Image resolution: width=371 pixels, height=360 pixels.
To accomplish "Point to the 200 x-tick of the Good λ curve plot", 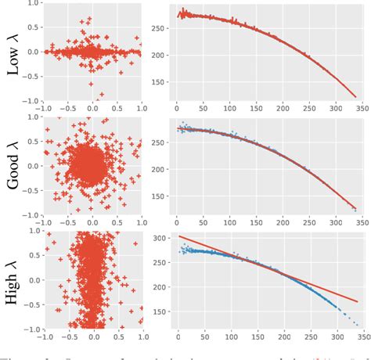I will pos(282,221).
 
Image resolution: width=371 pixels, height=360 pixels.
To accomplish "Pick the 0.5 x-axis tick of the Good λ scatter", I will pos(117,221).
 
